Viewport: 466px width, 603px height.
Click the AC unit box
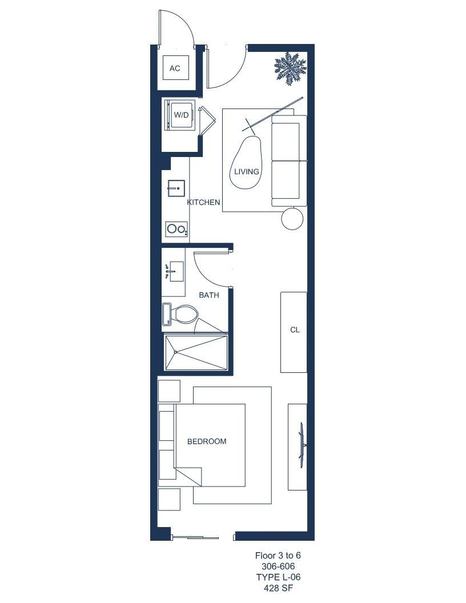tap(175, 68)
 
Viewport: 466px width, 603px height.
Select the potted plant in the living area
tap(290, 69)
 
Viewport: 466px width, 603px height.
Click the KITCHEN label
tap(203, 202)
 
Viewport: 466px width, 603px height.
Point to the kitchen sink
tap(176, 189)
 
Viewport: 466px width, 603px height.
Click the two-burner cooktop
tap(177, 229)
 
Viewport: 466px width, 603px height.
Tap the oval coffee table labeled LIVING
tap(246, 162)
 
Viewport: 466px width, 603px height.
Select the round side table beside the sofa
tap(292, 219)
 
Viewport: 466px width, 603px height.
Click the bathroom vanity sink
tap(175, 271)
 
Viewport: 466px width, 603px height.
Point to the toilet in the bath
tap(180, 314)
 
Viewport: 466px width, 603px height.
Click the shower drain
tap(175, 352)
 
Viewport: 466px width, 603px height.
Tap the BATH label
tap(209, 295)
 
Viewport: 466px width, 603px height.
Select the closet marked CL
tap(294, 332)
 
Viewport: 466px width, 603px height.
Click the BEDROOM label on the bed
tap(207, 441)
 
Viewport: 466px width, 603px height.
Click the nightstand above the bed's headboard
tap(169, 391)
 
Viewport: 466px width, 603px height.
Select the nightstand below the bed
tap(169, 500)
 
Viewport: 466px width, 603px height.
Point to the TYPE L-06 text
tap(278, 577)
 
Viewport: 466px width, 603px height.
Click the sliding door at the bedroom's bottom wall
tap(196, 537)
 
